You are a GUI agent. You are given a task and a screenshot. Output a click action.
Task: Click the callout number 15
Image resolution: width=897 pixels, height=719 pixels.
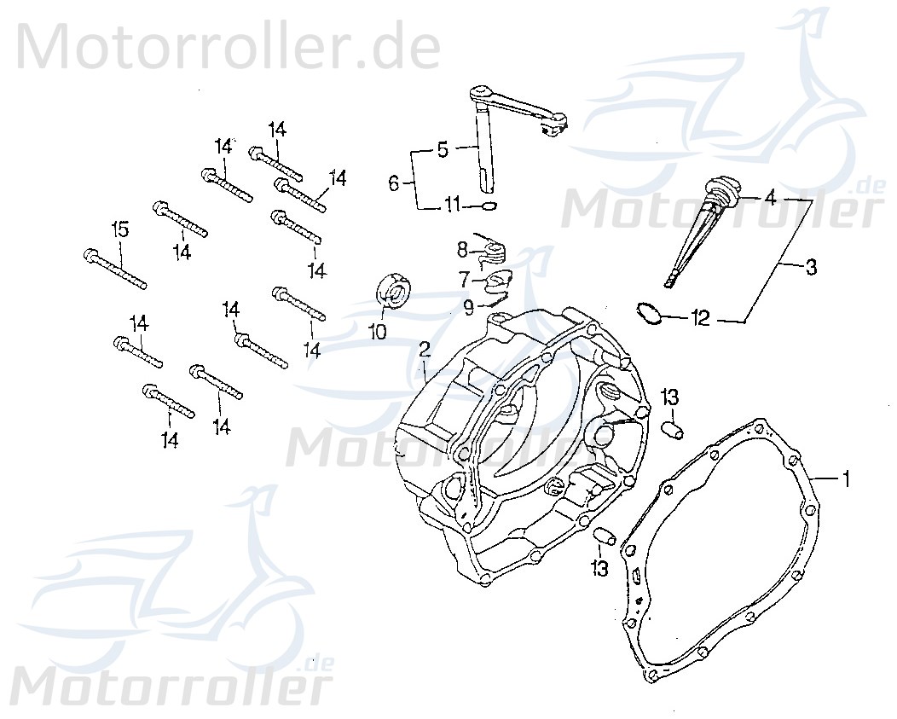pos(120,229)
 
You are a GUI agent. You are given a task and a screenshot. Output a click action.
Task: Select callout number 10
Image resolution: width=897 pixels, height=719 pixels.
pos(378,331)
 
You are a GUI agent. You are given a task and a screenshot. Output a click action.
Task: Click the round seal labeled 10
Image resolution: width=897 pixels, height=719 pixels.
pos(395,291)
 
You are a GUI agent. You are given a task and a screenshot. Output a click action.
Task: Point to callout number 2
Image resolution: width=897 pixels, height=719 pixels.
pos(424,351)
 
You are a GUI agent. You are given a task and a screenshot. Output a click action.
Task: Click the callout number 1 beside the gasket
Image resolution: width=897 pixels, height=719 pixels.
pos(846,479)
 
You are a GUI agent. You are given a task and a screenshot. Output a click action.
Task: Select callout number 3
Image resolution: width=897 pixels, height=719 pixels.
pos(810,268)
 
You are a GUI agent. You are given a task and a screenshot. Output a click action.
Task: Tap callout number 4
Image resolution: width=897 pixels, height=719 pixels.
pos(769,198)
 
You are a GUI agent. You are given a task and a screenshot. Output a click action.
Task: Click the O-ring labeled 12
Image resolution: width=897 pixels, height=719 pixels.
pos(649,313)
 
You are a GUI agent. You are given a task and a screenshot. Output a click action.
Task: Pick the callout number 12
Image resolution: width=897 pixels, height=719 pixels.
pos(700,320)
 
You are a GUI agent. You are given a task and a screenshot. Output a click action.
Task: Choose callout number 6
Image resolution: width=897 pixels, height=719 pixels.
pos(394,183)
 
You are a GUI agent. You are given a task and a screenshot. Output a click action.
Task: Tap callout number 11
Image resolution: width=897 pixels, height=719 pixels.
pos(452,205)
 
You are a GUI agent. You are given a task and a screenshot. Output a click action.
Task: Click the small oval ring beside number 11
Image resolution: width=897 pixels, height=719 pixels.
pos(488,206)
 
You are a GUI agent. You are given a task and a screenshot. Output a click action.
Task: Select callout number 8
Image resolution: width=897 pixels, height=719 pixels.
pos(461,250)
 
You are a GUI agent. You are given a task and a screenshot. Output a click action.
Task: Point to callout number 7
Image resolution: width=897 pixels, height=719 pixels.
pos(464,279)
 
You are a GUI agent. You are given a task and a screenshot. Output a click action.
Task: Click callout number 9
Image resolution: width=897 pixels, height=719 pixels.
pos(468,306)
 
